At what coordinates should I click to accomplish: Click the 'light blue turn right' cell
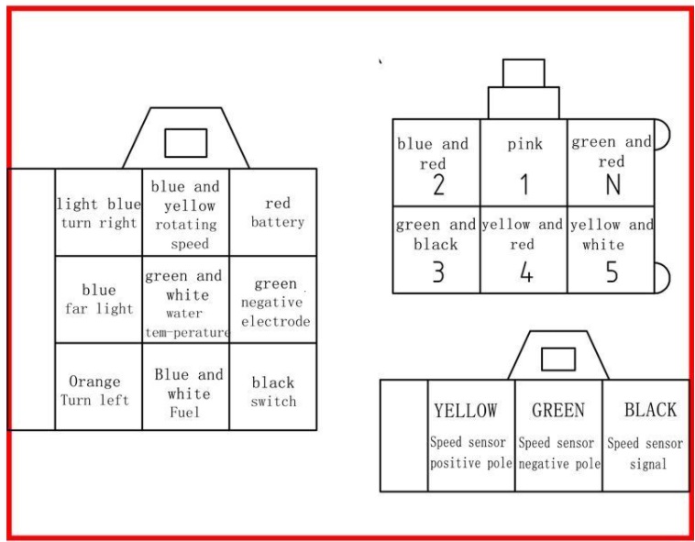pyautogui.click(x=98, y=212)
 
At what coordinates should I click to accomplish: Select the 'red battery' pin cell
pyautogui.click(x=273, y=212)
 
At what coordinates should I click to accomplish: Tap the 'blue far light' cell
pyautogui.click(x=98, y=299)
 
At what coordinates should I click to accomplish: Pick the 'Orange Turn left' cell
pyautogui.click(x=98, y=386)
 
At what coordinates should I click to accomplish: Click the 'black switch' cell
pyautogui.click(x=273, y=386)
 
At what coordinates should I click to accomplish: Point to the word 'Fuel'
pyautogui.click(x=184, y=413)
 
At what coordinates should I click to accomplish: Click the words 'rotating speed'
pyautogui.click(x=187, y=234)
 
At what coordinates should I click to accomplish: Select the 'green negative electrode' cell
pyautogui.click(x=273, y=299)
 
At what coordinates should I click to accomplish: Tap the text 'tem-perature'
pyautogui.click(x=187, y=332)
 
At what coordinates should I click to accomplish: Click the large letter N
pyautogui.click(x=613, y=184)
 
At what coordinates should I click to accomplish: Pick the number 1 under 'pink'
pyautogui.click(x=524, y=184)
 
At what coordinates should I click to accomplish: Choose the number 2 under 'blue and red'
pyautogui.click(x=438, y=184)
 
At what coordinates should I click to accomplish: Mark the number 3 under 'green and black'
pyautogui.click(x=438, y=271)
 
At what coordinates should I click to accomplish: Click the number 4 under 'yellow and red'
pyautogui.click(x=526, y=271)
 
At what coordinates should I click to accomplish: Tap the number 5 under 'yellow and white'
pyautogui.click(x=612, y=271)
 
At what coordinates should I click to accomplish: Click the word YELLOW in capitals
pyautogui.click(x=466, y=410)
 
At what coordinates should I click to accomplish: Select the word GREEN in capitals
pyautogui.click(x=558, y=410)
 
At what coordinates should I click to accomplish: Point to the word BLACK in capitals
pyautogui.click(x=650, y=410)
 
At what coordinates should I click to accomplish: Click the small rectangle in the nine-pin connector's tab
pyautogui.click(x=186, y=143)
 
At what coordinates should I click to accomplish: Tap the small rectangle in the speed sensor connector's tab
pyautogui.click(x=558, y=359)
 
